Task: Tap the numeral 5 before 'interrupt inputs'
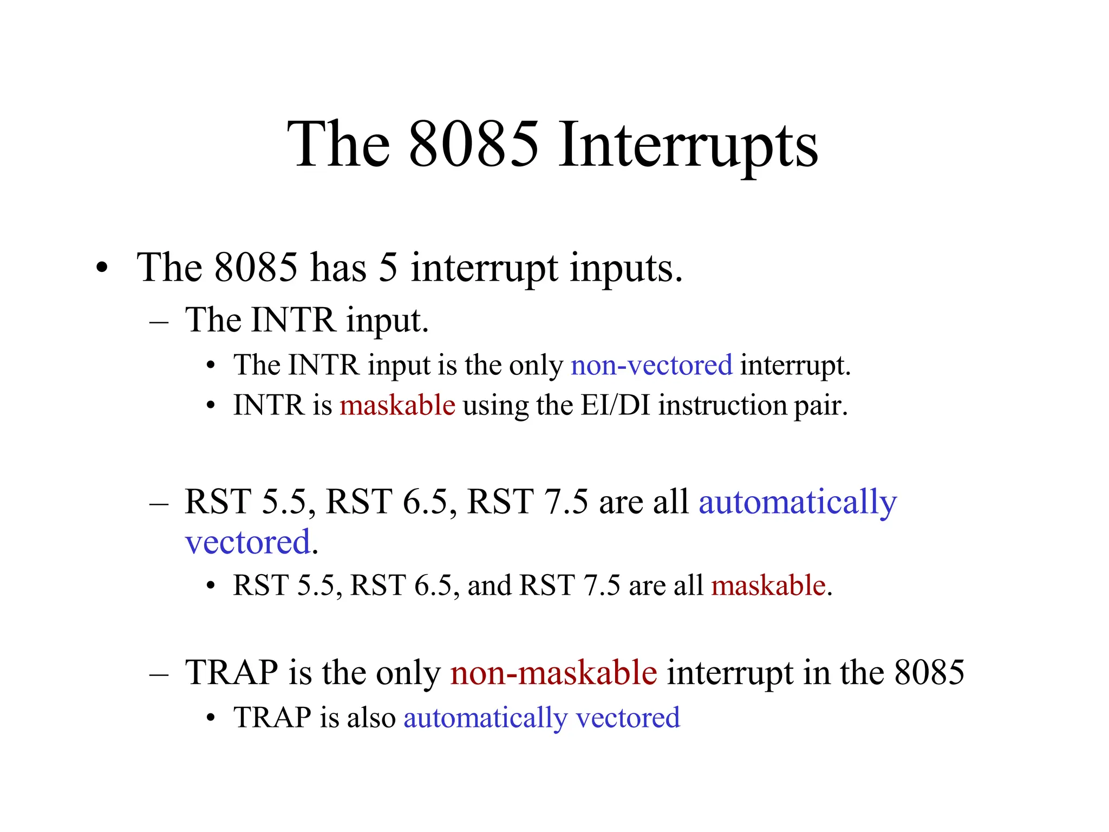(388, 268)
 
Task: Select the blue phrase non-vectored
(651, 365)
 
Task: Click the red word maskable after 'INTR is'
(397, 405)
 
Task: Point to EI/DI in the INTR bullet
(615, 405)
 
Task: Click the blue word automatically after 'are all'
(798, 502)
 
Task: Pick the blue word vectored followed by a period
(248, 542)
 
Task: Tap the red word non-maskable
(553, 673)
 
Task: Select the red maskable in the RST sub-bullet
(768, 586)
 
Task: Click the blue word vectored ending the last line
(628, 718)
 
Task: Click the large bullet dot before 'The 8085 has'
(102, 268)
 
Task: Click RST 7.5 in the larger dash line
(527, 502)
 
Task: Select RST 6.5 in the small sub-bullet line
(401, 586)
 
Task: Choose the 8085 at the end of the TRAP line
(929, 673)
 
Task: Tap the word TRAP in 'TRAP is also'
(272, 718)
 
